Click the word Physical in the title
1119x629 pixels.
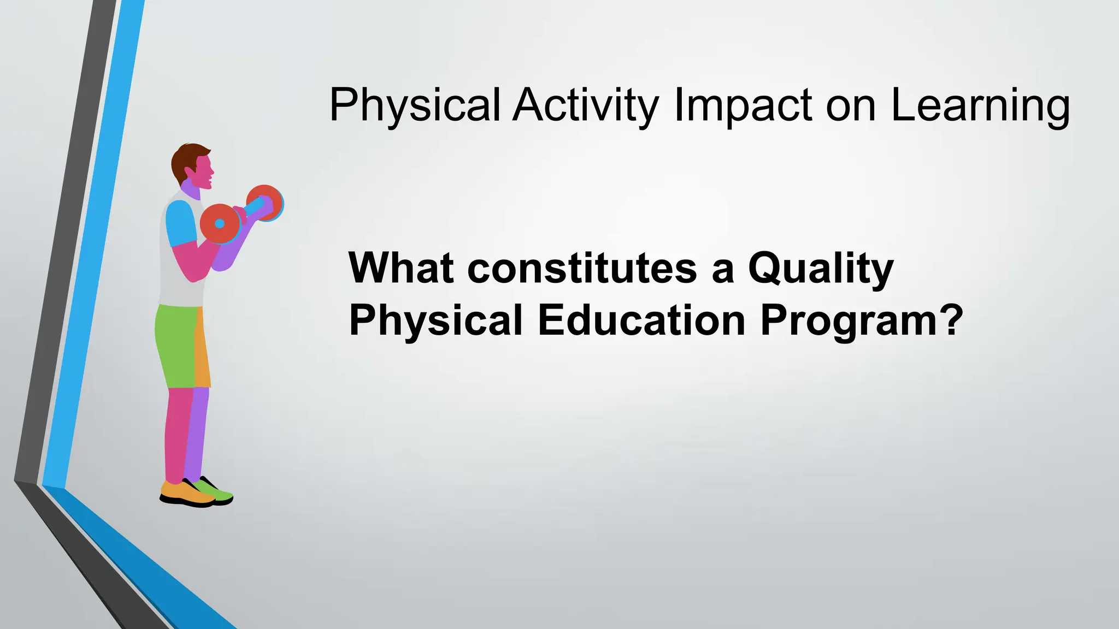click(415, 105)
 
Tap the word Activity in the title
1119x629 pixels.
click(585, 105)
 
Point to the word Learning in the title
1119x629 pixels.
click(980, 105)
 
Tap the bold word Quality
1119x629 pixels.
click(820, 269)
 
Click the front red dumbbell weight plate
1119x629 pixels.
click(220, 223)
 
